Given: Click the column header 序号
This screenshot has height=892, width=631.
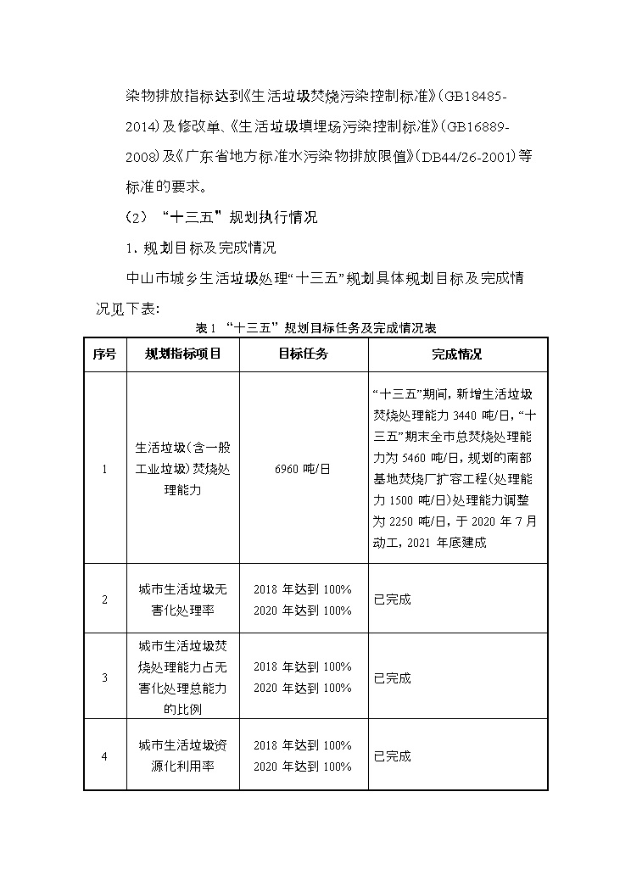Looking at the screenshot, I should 104,354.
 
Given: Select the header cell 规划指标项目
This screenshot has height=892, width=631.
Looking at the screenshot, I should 182,354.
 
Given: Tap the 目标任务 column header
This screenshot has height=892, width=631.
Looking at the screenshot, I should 302,354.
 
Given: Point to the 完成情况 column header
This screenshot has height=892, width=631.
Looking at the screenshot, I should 456,354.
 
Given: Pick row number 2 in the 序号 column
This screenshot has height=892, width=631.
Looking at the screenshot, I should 104,599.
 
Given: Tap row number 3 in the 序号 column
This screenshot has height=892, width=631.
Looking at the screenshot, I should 104,677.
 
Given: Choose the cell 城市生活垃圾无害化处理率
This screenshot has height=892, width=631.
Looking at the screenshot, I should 182,599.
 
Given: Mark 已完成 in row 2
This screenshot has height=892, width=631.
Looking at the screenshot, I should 392,599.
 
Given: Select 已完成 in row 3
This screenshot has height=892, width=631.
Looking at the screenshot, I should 392,677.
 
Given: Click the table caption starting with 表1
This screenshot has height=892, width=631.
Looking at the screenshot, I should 315,327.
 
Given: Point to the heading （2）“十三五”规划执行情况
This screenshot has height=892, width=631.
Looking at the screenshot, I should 221,217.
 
